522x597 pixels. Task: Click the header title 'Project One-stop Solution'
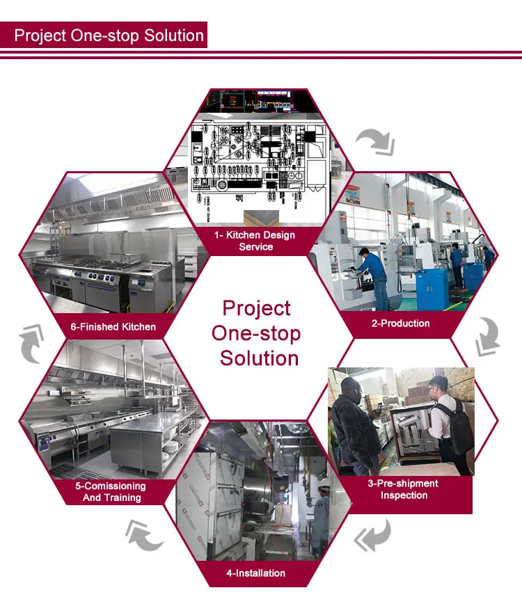(109, 35)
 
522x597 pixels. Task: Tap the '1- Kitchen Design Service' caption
(256, 241)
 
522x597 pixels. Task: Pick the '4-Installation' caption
(255, 573)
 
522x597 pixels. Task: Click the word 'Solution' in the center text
(259, 358)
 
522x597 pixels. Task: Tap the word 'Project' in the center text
(256, 308)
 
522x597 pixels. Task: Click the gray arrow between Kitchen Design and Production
(376, 142)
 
